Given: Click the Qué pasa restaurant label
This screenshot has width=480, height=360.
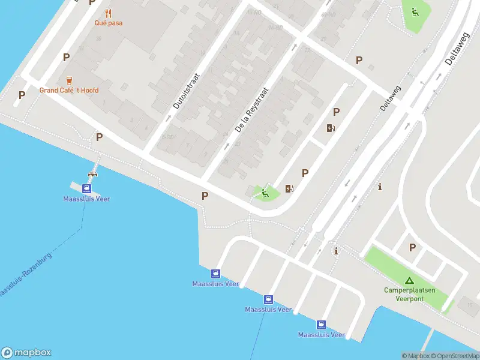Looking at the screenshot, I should [108, 23].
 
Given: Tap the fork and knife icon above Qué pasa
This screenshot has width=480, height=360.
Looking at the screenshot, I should [108, 13].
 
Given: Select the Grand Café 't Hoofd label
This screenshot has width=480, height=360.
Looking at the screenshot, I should [69, 90].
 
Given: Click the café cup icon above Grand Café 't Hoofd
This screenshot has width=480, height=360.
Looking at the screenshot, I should [69, 80].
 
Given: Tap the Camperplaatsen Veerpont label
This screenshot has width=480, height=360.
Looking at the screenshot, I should [410, 294].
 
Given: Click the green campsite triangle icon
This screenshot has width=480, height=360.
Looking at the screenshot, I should [409, 280].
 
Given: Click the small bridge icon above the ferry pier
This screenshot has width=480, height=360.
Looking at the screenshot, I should [92, 174].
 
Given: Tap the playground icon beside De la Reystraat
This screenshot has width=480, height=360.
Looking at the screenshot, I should [265, 193].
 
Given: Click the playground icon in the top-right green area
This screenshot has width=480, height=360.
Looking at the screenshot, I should [415, 11].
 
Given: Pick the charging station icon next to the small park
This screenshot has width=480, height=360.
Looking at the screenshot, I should [290, 188].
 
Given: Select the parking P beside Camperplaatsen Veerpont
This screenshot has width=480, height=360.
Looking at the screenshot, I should [412, 247].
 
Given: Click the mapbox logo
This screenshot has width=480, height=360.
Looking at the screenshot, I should [26, 353].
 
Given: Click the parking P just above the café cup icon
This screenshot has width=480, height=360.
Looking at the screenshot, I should [66, 57].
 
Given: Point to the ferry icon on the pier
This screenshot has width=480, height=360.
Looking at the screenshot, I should [87, 187].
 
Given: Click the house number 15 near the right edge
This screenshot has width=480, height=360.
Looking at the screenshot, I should [469, 306].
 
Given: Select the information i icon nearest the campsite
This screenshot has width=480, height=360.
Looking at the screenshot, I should [336, 251].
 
